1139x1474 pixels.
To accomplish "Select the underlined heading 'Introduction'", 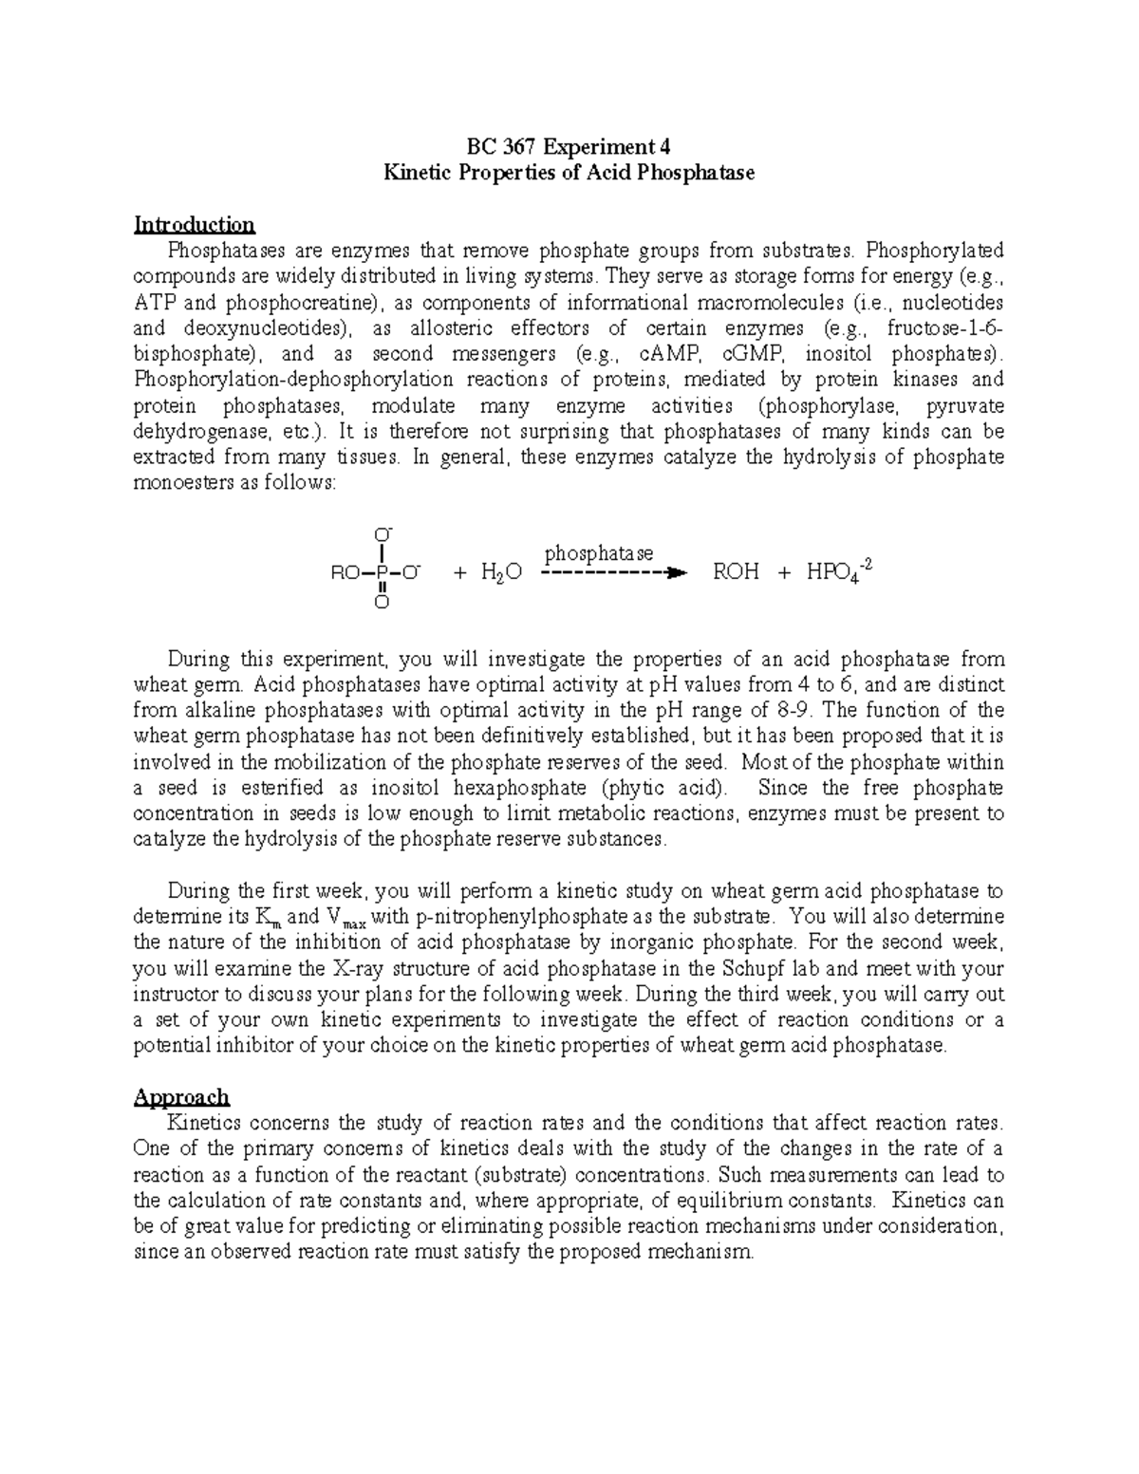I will tap(195, 225).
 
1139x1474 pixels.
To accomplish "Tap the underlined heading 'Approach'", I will tap(181, 1097).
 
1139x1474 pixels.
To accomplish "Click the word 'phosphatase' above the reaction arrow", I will tap(598, 552).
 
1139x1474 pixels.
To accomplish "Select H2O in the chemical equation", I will tap(501, 573).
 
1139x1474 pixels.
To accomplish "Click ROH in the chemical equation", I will tap(735, 572).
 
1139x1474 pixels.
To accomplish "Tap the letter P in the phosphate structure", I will tap(380, 573).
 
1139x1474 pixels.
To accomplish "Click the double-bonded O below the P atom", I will tap(380, 603).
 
